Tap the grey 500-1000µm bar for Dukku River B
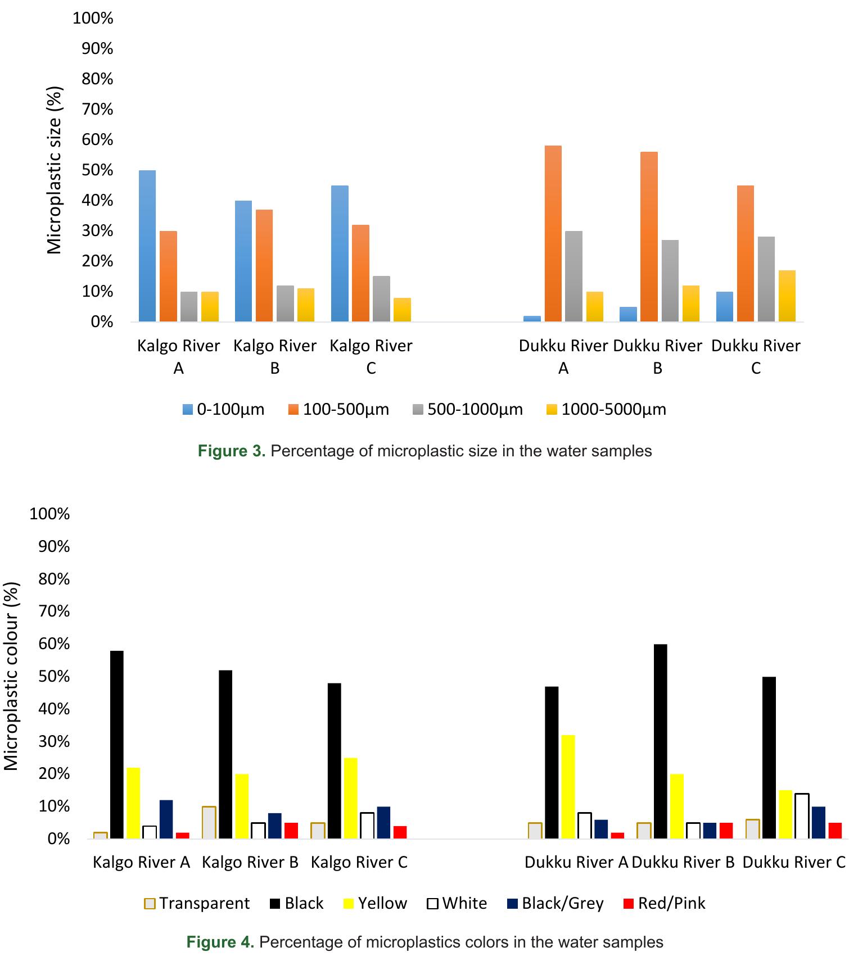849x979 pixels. [x=670, y=281]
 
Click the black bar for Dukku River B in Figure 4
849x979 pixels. [x=661, y=741]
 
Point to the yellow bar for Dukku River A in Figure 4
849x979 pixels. [x=568, y=787]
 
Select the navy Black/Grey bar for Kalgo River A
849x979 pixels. [x=166, y=819]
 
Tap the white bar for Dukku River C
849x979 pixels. [x=802, y=816]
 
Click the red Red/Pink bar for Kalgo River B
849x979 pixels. [x=291, y=831]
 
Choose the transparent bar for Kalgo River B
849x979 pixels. [x=209, y=822]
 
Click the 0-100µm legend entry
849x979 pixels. [x=224, y=409]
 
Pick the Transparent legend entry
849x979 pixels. [x=197, y=903]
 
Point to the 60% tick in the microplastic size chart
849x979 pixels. [x=97, y=139]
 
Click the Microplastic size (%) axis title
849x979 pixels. [x=54, y=170]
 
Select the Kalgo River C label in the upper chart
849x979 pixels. [x=371, y=356]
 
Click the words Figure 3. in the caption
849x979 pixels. [x=231, y=451]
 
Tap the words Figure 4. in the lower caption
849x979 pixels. [x=220, y=942]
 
